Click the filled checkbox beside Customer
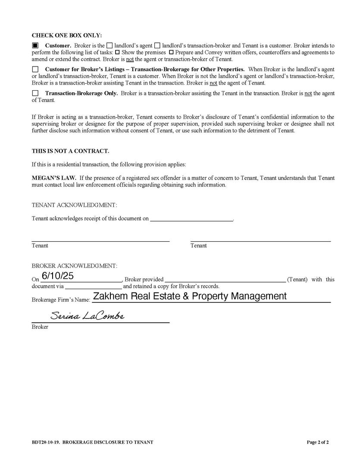(35, 45)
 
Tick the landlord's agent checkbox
(110, 45)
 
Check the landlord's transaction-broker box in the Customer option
(157, 45)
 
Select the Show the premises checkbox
(117, 52)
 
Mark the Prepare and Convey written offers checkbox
(171, 52)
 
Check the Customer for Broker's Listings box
(35, 69)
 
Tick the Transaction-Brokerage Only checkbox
(35, 93)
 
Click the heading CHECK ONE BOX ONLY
(67, 35)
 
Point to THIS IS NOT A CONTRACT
(70, 151)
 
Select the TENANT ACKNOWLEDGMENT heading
(74, 205)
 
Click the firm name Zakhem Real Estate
(190, 296)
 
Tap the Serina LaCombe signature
(87, 316)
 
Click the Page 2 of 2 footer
(318, 442)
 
